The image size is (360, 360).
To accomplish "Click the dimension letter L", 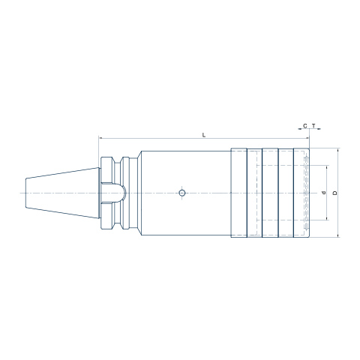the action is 204,135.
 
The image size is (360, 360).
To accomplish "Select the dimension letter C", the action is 305,126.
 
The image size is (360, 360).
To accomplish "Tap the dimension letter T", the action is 313,126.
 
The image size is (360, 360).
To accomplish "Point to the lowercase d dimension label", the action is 324,193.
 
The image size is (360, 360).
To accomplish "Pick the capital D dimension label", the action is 335,193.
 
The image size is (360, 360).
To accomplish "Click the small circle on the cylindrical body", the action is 182,193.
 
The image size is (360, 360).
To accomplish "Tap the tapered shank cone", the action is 62,193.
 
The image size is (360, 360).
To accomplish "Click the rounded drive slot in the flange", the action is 113,193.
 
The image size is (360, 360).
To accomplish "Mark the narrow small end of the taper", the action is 25,193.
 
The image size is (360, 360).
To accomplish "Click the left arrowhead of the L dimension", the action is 100,138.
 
